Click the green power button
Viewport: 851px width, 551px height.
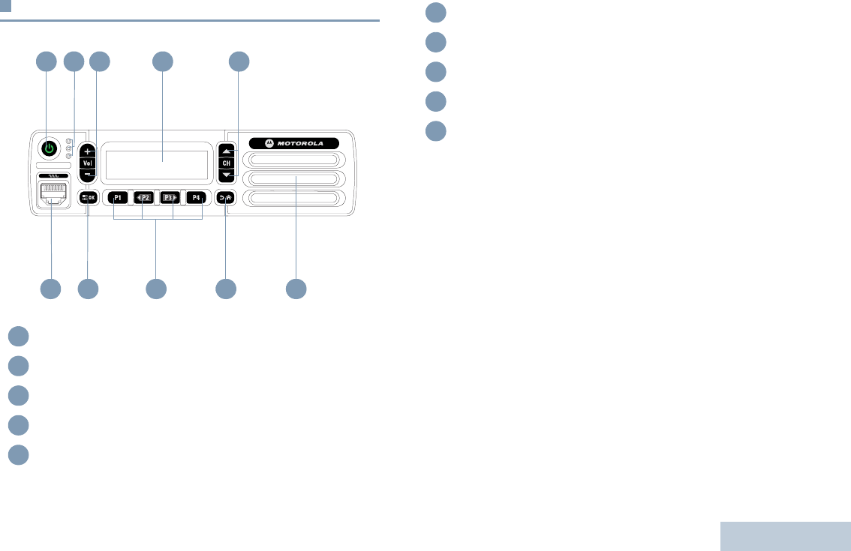click(x=48, y=147)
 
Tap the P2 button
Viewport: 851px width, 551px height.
click(x=143, y=198)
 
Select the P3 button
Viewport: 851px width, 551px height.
click(x=170, y=198)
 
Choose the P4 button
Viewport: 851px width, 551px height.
click(x=197, y=198)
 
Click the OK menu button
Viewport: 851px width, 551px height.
click(x=88, y=198)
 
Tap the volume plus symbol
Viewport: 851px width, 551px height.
click(x=88, y=150)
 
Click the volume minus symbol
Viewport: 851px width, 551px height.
click(x=88, y=174)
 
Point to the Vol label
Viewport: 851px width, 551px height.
click(x=88, y=162)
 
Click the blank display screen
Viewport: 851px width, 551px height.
click(x=157, y=160)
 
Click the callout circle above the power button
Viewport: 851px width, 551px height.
click(x=47, y=62)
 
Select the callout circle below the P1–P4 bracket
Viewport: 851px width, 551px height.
click(x=156, y=289)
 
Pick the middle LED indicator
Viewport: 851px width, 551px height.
click(x=69, y=148)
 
